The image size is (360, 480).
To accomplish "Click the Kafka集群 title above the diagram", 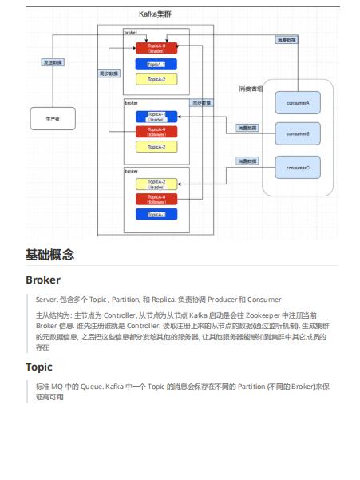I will click(156, 14).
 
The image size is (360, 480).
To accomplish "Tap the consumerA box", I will click(297, 102).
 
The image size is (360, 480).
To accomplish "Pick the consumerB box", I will click(297, 133).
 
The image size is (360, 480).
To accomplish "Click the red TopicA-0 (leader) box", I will click(156, 48).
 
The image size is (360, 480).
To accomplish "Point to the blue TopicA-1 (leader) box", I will click(156, 117).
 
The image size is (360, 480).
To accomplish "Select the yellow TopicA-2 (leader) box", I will click(156, 184).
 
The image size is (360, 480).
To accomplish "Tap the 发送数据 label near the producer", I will click(53, 61).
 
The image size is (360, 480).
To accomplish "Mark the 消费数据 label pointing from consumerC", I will click(247, 161).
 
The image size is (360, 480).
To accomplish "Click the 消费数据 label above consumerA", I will click(287, 38).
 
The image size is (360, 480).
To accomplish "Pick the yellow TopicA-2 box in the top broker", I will click(156, 79).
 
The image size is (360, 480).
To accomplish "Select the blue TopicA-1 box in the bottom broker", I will click(156, 214).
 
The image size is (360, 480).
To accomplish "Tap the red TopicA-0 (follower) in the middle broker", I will click(156, 131).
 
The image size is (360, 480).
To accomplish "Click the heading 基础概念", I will click(50, 255).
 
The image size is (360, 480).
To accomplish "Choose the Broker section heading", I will click(43, 280).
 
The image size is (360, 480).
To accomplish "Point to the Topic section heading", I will click(39, 367).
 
